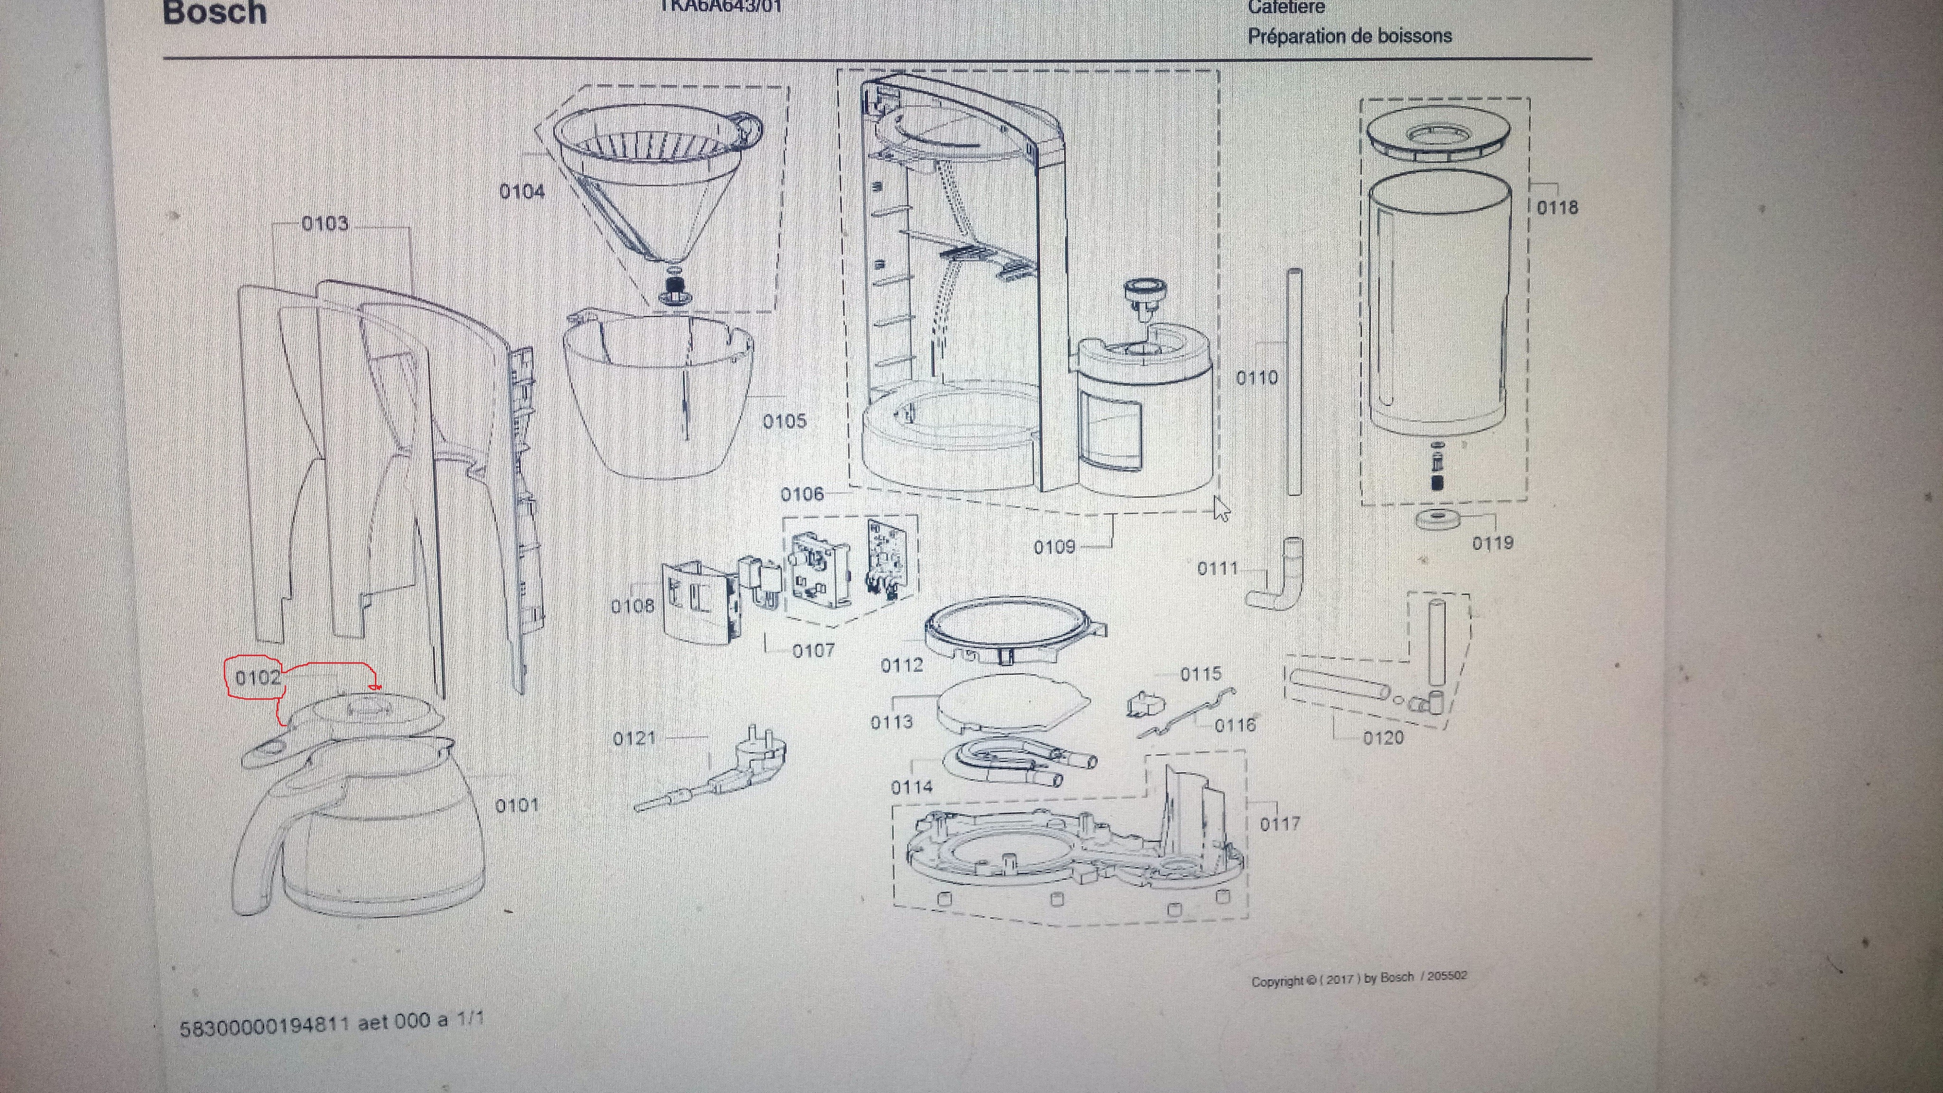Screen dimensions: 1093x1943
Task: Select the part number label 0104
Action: click(x=522, y=192)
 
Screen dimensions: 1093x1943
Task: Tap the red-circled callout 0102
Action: click(x=258, y=677)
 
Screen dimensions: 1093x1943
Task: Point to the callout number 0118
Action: click(x=1557, y=207)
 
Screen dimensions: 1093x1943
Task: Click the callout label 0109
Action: click(x=1055, y=547)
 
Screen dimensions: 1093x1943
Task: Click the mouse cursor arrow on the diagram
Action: click(x=1221, y=509)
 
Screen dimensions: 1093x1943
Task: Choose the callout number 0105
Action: click(x=785, y=421)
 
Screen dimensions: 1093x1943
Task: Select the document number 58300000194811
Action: click(x=264, y=1026)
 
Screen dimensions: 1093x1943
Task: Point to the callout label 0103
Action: click(x=325, y=223)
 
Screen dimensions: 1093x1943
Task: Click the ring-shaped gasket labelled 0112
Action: click(x=1011, y=630)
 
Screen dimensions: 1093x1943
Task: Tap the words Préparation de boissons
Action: click(x=1350, y=36)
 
